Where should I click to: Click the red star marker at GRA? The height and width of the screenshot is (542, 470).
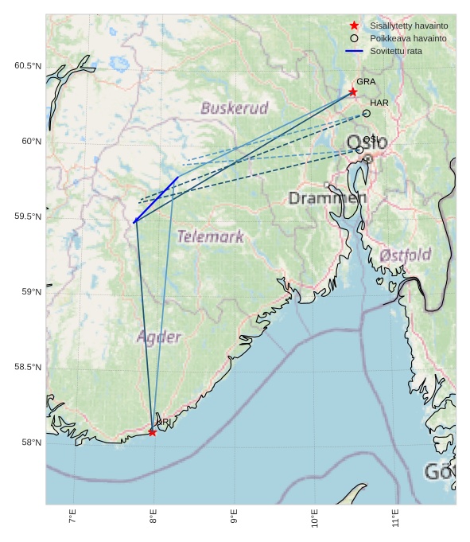[x=353, y=92]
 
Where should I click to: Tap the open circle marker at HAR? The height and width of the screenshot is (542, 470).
[x=366, y=113]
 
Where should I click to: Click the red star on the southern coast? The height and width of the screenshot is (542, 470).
[x=152, y=432]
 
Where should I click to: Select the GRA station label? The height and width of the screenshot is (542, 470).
[x=366, y=82]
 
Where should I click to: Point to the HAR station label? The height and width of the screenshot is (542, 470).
[x=379, y=103]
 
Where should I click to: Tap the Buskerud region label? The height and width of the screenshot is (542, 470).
[x=234, y=108]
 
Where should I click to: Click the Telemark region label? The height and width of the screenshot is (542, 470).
[x=210, y=236]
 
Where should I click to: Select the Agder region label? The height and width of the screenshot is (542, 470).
[x=159, y=337]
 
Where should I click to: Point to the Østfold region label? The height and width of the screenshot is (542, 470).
[x=405, y=255]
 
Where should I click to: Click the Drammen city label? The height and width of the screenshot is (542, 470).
[x=328, y=198]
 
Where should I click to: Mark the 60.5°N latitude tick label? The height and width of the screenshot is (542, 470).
[x=27, y=66]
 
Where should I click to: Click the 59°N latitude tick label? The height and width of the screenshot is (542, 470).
[x=31, y=292]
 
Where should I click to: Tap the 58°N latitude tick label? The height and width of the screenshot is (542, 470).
[x=31, y=443]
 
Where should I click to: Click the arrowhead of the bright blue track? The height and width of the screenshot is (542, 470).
[x=134, y=222]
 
